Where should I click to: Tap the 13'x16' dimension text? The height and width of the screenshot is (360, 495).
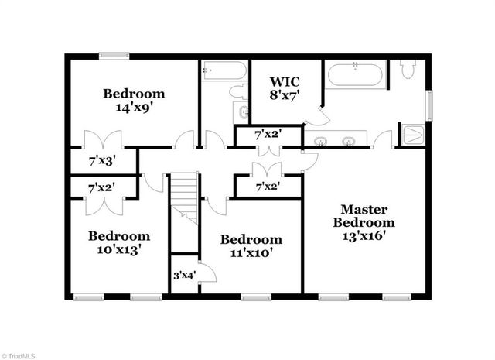tap(364, 235)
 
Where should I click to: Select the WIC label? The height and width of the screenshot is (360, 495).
tap(284, 81)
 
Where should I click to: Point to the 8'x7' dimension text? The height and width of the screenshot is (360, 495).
tap(284, 94)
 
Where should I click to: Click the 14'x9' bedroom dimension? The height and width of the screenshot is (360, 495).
tap(135, 108)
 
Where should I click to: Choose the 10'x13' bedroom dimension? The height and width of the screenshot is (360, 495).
tap(118, 249)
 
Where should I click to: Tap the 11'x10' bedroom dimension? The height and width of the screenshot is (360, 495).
tap(251, 252)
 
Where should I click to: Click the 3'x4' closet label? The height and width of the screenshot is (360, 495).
tap(183, 275)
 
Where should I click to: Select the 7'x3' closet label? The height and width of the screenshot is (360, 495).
tap(101, 161)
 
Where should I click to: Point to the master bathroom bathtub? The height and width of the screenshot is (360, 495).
tap(355, 75)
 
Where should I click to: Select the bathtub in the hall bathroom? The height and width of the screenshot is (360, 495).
tap(224, 71)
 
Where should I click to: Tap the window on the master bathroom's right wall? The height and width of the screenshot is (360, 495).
tap(429, 105)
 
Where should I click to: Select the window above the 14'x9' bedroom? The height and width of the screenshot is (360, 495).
tap(114, 55)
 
